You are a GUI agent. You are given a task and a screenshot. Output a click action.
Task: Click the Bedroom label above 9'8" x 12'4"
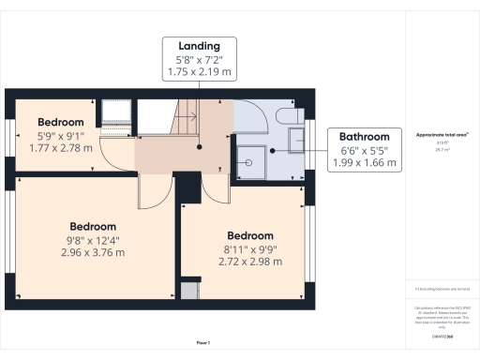(x=93, y=226)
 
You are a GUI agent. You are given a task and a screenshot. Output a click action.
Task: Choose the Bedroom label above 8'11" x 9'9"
(x=250, y=235)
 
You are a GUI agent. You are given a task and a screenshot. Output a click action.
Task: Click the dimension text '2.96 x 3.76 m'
(x=93, y=252)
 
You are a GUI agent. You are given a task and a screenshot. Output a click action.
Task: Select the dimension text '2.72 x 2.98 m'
(x=250, y=262)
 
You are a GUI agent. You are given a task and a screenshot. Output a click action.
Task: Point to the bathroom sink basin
(x=297, y=141)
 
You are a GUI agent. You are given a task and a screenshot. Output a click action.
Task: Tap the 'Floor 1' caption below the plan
(x=202, y=342)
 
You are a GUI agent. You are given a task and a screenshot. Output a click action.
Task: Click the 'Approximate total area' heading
(x=442, y=134)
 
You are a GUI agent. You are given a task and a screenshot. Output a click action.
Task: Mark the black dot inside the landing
(x=200, y=147)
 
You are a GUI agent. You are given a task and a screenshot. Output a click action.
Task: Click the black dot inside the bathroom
(x=272, y=149)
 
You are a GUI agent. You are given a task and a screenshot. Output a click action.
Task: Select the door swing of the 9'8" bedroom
(x=149, y=192)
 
